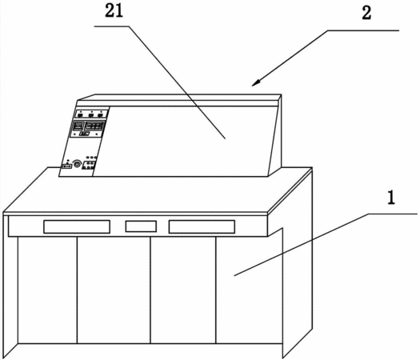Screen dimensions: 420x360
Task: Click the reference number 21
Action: coord(114,11)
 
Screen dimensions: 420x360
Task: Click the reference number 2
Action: coord(366,13)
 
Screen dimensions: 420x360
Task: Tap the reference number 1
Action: coord(391,198)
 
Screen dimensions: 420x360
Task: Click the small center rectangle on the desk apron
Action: coord(141,226)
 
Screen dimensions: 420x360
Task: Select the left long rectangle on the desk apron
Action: coord(77,226)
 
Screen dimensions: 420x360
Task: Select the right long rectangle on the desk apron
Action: coord(202,226)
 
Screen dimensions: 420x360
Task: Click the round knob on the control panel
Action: coord(78,164)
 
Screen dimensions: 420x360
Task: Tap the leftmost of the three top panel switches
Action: coord(80,115)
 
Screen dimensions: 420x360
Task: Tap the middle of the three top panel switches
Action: coord(91,115)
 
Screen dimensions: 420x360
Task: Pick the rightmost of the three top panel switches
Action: coord(100,115)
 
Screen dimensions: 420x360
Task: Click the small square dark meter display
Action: coord(78,126)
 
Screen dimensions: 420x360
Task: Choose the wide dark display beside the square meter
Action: coord(94,126)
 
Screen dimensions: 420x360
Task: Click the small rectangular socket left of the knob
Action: coord(67,166)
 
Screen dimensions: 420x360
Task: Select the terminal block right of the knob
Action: coord(89,165)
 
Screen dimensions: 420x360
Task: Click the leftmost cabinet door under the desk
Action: coord(47,290)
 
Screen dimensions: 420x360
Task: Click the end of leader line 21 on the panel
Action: coord(225,138)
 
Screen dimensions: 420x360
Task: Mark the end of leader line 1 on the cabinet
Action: coord(234,275)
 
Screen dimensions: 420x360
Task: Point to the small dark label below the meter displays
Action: coord(84,134)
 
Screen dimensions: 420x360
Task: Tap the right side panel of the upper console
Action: coord(275,135)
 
